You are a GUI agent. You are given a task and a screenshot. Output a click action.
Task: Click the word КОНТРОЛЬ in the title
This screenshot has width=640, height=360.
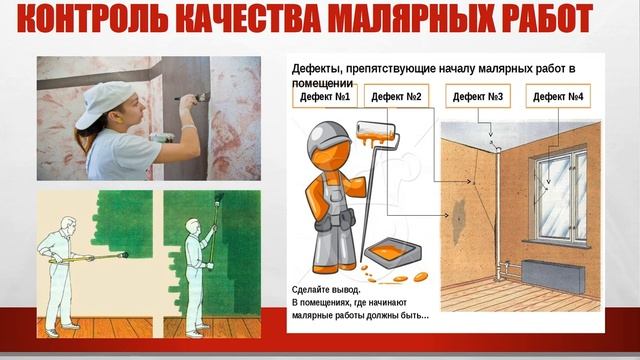[93, 18]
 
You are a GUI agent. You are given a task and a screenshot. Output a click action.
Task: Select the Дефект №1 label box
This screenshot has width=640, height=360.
[325, 96]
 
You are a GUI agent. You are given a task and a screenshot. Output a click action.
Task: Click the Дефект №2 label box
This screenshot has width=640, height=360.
[396, 96]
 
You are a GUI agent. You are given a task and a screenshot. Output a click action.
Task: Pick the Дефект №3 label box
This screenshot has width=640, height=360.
[478, 96]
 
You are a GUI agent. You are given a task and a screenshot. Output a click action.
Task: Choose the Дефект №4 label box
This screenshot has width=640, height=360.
[558, 96]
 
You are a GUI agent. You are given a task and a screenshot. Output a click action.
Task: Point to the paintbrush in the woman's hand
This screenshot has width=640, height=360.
[192, 98]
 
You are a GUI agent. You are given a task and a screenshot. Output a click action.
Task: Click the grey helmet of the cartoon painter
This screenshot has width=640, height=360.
[328, 136]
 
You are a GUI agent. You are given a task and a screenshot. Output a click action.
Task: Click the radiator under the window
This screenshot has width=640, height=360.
[553, 276]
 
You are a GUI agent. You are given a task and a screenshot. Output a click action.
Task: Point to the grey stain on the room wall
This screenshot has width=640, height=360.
[459, 220]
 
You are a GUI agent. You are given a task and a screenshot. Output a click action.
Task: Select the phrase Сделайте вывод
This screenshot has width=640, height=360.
[326, 290]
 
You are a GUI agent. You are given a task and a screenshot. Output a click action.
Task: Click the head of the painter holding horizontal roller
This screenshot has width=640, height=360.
[68, 225]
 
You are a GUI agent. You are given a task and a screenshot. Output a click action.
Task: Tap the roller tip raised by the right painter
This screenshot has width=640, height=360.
[219, 198]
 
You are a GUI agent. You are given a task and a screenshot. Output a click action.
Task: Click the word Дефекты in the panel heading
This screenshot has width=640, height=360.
[317, 69]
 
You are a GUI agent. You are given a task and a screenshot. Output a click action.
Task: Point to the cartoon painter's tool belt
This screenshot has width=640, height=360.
[334, 220]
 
